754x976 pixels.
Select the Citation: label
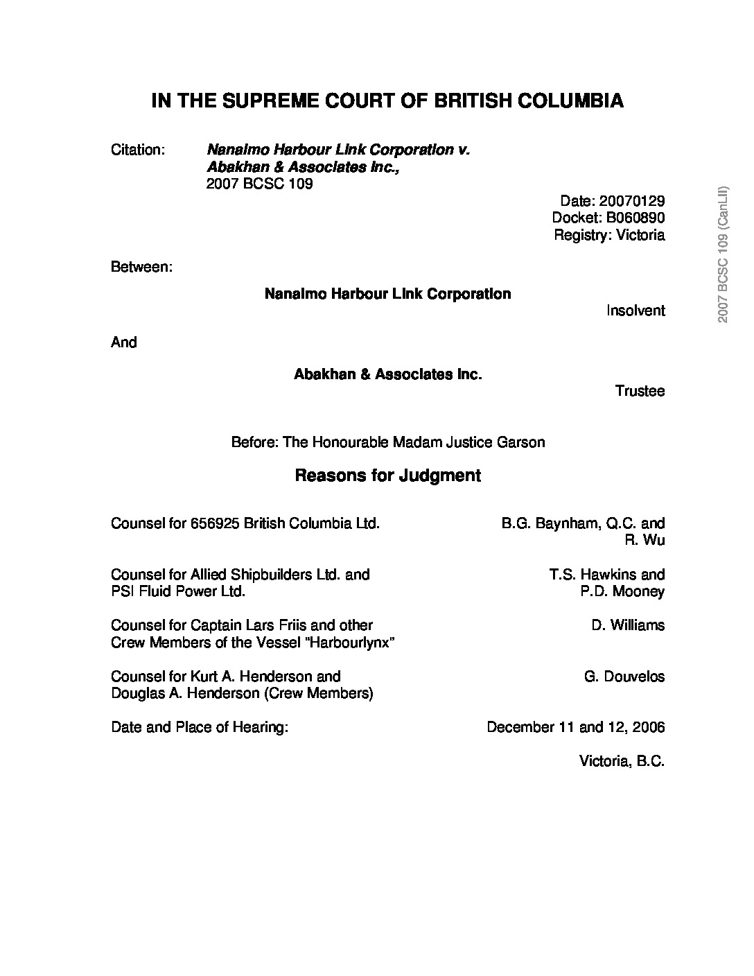click(137, 150)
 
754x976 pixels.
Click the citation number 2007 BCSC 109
click(259, 184)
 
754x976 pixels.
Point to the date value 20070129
click(631, 201)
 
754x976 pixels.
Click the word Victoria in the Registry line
click(638, 235)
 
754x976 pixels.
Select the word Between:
click(141, 268)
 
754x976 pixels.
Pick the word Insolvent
click(635, 311)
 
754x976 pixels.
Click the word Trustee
click(640, 391)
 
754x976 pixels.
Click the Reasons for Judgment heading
click(387, 476)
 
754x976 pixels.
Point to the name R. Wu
click(645, 540)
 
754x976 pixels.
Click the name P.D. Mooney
click(622, 591)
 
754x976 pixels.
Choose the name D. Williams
click(628, 625)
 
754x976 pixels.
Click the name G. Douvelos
click(624, 677)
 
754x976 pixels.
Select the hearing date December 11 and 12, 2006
click(575, 727)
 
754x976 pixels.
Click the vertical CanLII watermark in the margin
click(723, 254)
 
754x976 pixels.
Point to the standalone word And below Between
click(124, 342)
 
